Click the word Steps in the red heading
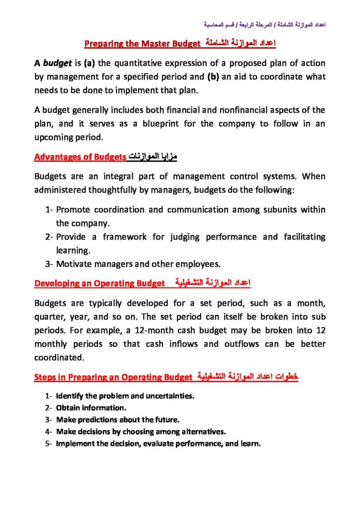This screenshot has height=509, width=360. (45, 377)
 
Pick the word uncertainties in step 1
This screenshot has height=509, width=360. (170, 396)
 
